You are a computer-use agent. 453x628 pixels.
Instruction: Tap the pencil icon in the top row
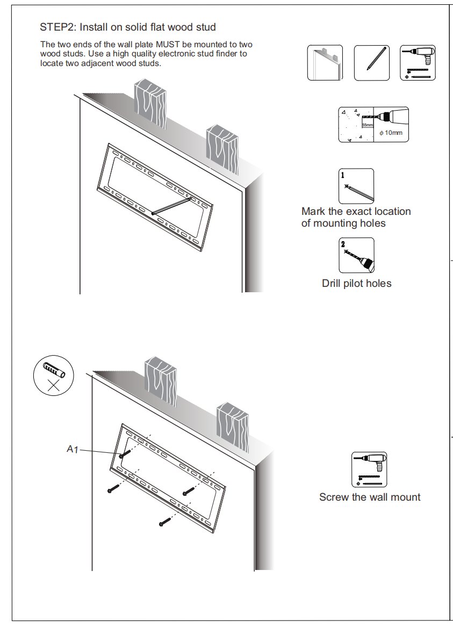click(x=371, y=63)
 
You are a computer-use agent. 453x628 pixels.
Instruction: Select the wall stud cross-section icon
click(x=325, y=63)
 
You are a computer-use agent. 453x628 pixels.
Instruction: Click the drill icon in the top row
click(x=418, y=63)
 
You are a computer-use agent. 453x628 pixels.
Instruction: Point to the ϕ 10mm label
click(x=391, y=132)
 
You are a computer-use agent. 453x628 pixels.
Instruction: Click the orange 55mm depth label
click(x=368, y=125)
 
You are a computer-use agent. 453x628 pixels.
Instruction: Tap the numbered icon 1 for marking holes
click(x=356, y=186)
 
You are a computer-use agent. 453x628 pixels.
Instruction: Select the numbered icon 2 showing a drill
click(x=356, y=256)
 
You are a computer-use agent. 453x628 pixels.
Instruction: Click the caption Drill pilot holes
click(x=356, y=283)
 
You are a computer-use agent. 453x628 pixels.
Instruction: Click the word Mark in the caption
click(x=314, y=212)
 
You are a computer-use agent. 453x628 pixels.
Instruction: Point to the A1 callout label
click(x=73, y=449)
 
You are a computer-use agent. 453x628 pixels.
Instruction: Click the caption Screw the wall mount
click(x=370, y=497)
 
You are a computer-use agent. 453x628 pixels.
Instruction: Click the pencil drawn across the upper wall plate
click(x=172, y=206)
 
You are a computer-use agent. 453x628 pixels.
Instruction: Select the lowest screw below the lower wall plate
click(x=164, y=521)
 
